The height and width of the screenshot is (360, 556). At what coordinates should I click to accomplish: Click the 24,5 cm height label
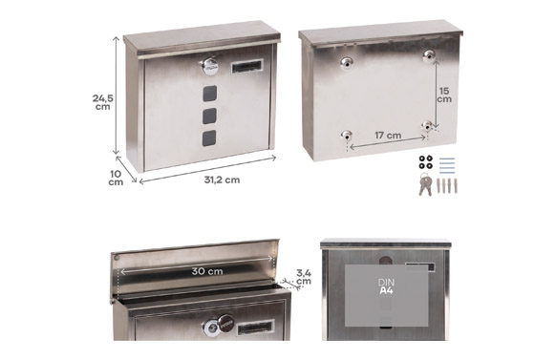[x=103, y=102]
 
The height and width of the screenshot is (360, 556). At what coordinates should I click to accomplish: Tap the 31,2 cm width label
[x=222, y=180]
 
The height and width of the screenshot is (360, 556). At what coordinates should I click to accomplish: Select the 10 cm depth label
[x=116, y=178]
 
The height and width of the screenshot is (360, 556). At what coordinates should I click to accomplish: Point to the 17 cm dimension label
[x=388, y=136]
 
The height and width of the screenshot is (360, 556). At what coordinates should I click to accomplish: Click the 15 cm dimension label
[x=444, y=95]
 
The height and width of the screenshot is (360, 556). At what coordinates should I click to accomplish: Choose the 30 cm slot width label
[x=207, y=271]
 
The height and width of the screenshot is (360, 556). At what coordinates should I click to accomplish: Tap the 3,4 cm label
[x=304, y=277]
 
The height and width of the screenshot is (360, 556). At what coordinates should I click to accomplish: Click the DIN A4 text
[x=386, y=286]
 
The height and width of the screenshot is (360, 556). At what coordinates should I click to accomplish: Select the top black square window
[x=209, y=94]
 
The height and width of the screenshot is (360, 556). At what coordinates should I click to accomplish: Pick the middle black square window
[x=209, y=116]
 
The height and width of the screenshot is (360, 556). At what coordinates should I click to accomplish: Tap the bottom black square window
[x=209, y=138]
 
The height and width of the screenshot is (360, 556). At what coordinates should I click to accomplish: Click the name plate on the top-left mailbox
[x=247, y=66]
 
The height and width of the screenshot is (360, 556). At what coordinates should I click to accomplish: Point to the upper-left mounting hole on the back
[x=347, y=63]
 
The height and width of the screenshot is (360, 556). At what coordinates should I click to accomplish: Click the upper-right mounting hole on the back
[x=429, y=55]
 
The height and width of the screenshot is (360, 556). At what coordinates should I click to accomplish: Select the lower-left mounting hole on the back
[x=347, y=135]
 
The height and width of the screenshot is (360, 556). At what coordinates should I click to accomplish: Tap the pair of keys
[x=425, y=184]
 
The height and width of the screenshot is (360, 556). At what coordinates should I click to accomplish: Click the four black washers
[x=425, y=162]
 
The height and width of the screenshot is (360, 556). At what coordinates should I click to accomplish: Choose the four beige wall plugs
[x=447, y=185]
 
